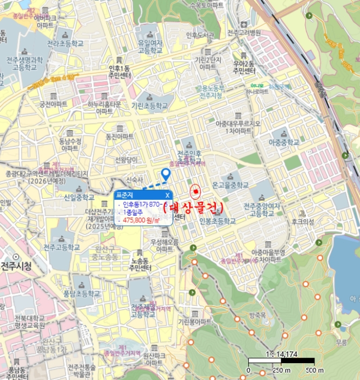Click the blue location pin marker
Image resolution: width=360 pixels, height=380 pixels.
tap(166, 174)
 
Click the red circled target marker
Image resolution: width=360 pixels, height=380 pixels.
tap(195, 192)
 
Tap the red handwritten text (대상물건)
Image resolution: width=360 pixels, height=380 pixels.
tap(193, 207)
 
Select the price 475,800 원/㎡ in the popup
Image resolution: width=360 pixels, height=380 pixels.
tap(141, 220)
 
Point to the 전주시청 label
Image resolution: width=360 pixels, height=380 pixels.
tap(16, 266)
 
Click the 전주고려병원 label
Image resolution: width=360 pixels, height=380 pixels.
tap(244, 33)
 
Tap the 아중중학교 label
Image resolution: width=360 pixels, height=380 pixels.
tap(283, 142)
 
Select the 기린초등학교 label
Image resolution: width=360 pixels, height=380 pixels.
tap(143, 107)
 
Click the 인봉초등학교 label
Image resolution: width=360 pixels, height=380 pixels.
tap(218, 221)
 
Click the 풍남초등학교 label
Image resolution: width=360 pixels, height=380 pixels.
tap(82, 294)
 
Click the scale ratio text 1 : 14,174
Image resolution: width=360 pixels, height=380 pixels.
tap(282, 354)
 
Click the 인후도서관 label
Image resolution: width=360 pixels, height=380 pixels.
tap(200, 35)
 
